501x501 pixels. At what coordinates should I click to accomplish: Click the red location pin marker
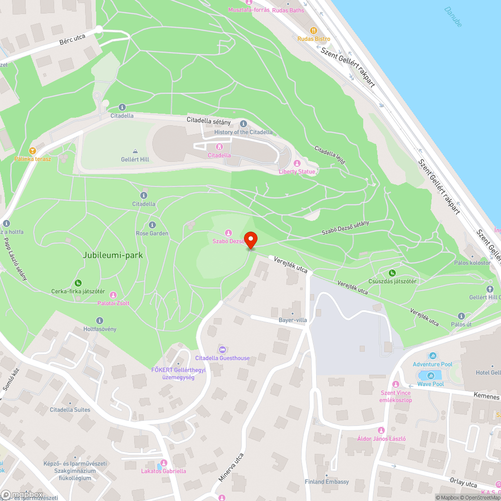250,239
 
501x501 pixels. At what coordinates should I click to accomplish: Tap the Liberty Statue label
297,171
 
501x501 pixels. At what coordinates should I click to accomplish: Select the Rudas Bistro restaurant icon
314,30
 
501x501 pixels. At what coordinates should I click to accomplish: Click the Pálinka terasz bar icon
33,150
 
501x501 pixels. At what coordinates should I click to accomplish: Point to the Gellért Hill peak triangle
135,151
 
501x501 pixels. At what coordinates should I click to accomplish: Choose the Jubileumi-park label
113,255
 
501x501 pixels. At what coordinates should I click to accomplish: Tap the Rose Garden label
152,233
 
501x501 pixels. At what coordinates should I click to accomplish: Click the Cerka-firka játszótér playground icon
78,283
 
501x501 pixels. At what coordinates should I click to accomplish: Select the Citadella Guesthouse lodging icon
222,349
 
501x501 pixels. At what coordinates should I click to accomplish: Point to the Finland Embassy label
327,481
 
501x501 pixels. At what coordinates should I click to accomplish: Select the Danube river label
453,17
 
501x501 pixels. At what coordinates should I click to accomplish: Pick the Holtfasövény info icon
100,320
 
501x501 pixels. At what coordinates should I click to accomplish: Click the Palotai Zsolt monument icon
113,295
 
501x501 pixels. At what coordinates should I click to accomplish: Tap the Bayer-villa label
293,320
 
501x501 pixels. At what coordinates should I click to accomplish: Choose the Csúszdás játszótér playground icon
392,273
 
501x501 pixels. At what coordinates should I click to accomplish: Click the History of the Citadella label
243,132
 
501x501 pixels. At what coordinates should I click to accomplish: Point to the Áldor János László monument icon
381,430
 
